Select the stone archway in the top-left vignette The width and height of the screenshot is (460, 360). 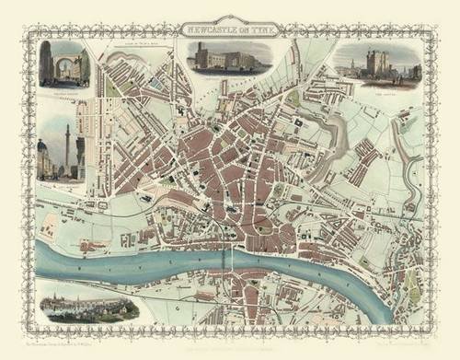coord(63,66)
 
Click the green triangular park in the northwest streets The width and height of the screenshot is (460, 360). coord(111,87)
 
